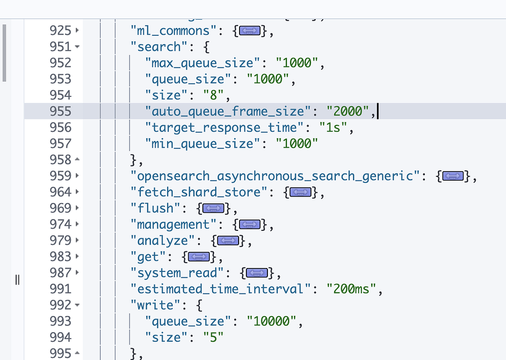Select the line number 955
[x=60, y=112]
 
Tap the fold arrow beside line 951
[x=77, y=47]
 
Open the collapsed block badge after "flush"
[x=213, y=208]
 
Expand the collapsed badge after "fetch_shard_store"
[x=300, y=192]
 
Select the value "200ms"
[x=353, y=289]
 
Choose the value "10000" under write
[x=271, y=321]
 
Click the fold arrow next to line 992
[x=77, y=305]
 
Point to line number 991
[x=60, y=289]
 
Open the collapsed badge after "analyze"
[x=227, y=241]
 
